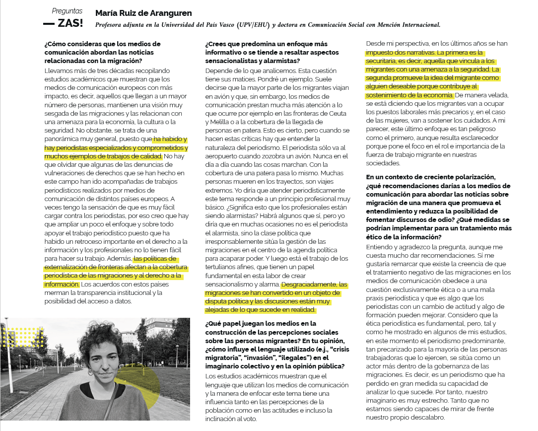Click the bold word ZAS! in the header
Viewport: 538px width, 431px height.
70,23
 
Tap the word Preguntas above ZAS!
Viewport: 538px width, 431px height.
67,11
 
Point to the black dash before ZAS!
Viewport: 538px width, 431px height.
49,24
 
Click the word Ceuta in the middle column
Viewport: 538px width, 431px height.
339,113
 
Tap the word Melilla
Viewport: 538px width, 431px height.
216,122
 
